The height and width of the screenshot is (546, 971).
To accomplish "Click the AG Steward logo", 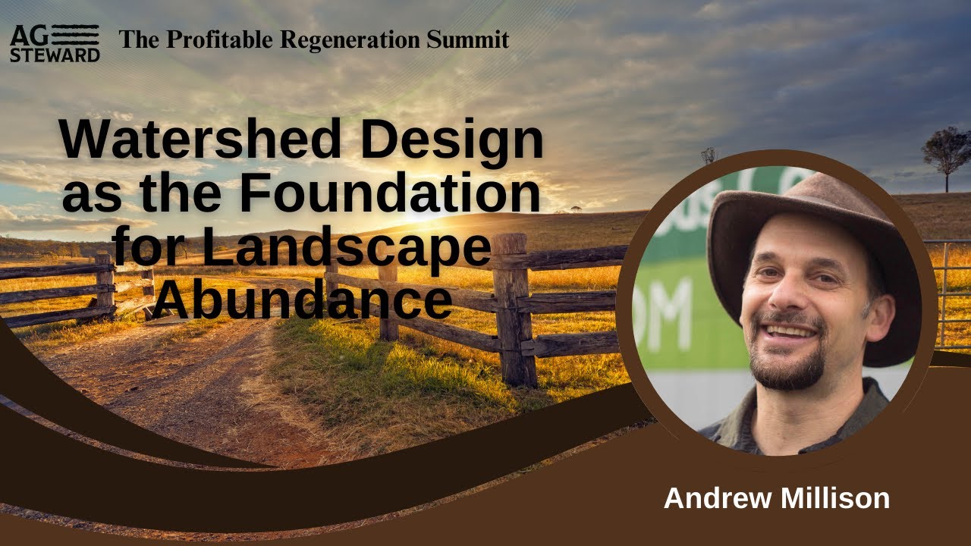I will pos(55,42).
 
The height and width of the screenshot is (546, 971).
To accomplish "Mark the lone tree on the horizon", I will pos(947,152).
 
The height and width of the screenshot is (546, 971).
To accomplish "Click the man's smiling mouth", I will pos(789,332).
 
